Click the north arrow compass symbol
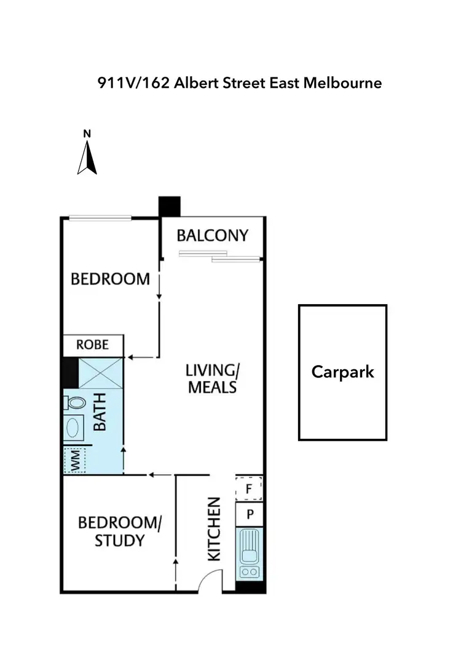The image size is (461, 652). coord(88,157)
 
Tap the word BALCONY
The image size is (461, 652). coord(213,235)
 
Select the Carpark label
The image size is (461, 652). coord(342,372)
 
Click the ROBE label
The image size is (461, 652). coord(92,344)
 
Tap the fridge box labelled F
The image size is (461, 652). coord(250,490)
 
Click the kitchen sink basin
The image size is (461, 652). coord(251,546)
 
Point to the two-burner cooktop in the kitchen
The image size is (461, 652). coord(250,572)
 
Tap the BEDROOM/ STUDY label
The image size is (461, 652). coord(120,532)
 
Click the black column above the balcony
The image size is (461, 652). coord(169,206)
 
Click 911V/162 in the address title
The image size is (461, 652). coord(133,83)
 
